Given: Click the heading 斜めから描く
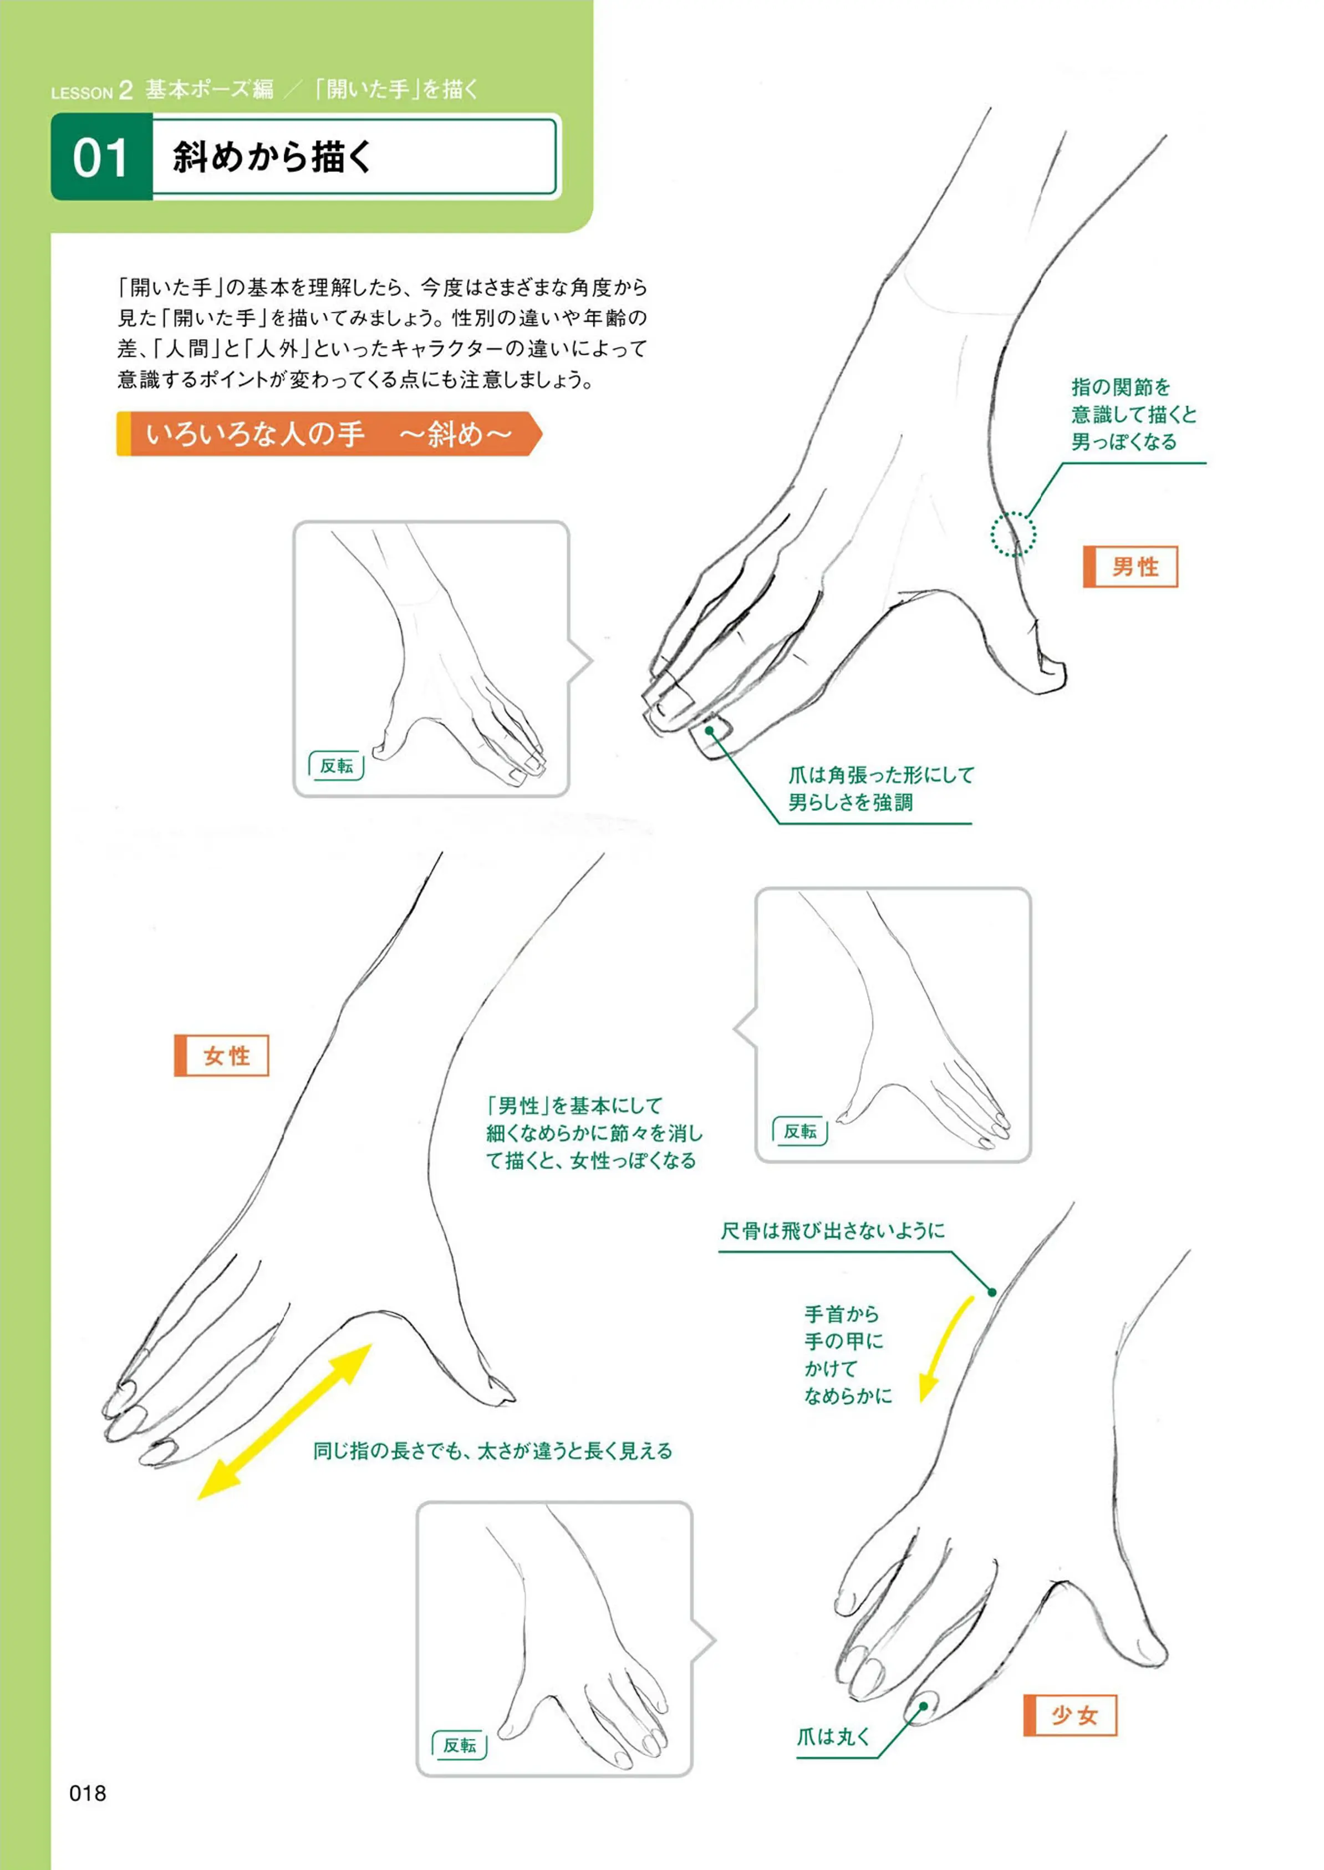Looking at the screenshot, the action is pos(272,156).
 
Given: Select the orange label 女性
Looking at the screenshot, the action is pos(222,1056).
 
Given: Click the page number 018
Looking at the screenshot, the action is pos(88,1793).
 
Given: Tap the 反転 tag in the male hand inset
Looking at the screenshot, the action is pos(336,766).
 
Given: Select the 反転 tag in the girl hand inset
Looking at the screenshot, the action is pos(460,1745).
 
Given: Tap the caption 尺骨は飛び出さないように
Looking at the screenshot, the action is pos(832,1230).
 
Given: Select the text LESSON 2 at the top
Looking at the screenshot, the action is pos(91,90).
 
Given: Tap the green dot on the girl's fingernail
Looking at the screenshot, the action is pos(924,1706).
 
